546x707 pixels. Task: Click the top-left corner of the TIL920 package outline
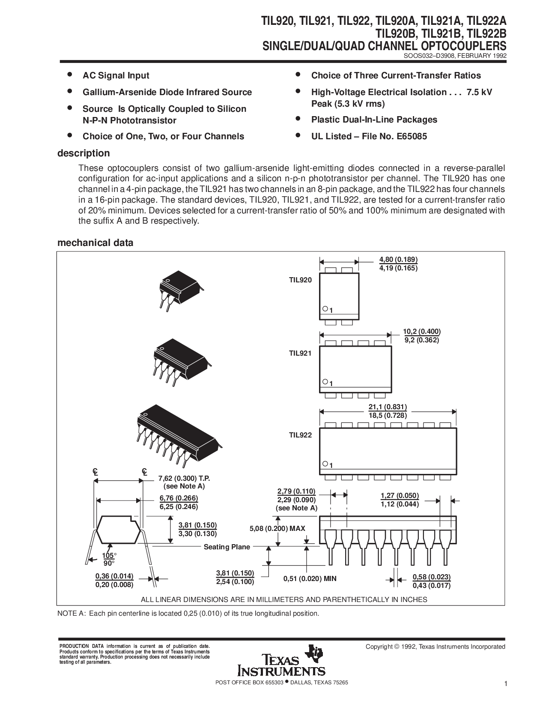coord(319,273)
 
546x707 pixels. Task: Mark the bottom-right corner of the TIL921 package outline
coord(391,393)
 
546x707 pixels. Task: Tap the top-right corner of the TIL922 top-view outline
coord(456,428)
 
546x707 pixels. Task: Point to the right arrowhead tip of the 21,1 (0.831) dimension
coord(456,412)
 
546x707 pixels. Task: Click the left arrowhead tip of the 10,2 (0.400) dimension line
coord(320,335)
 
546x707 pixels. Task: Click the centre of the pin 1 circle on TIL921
coord(325,382)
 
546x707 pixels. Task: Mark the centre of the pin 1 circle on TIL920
coord(325,309)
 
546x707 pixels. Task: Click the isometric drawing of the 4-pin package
coord(180,290)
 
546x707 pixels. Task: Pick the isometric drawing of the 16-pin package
coord(178,436)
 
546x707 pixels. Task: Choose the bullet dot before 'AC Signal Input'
coord(69,75)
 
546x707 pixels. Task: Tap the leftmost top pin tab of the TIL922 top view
coord(331,425)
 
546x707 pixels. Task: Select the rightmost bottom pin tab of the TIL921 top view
coord(379,395)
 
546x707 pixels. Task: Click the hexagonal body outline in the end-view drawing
coord(119,529)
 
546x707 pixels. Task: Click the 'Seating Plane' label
coord(227,547)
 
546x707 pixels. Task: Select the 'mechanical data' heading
coord(95,243)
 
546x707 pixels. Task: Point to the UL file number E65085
coord(412,136)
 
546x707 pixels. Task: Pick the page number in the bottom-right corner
coord(506,684)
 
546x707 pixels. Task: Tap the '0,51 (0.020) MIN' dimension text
coord(310,579)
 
